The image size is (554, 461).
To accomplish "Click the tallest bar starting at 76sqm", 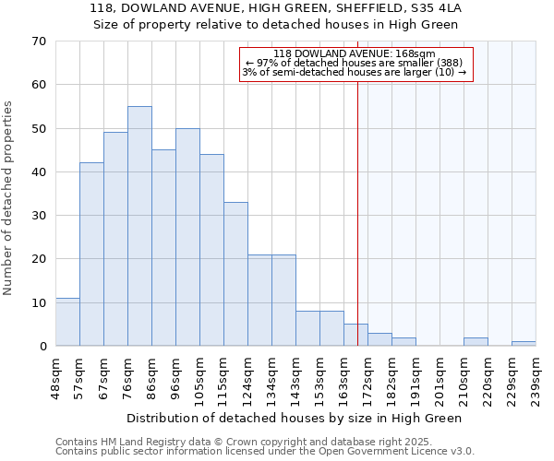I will [139, 226].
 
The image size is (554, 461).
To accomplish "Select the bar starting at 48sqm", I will [67, 322].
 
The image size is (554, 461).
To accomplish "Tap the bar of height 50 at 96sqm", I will [187, 237].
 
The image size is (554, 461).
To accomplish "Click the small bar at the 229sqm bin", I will [524, 344].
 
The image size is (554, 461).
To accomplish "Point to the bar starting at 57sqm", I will [91, 254].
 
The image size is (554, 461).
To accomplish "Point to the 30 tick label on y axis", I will [38, 216].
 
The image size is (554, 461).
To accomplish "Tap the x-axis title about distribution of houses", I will [294, 418].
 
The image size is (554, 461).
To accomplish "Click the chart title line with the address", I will [275, 8].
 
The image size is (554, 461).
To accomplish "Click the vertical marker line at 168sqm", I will [357, 212].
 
